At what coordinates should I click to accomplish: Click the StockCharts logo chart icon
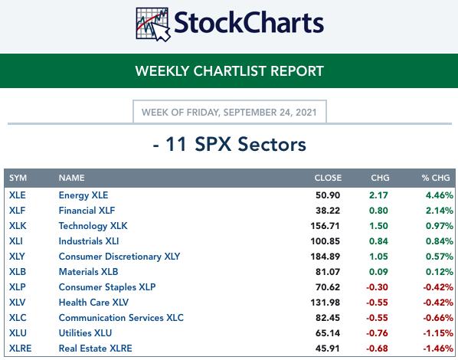click(152, 25)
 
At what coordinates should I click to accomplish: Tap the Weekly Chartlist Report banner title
click(229, 71)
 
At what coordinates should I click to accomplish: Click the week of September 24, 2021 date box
click(230, 112)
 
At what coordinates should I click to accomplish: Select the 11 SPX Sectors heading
click(229, 144)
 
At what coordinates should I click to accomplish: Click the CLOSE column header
click(328, 178)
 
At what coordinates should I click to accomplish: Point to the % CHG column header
click(436, 178)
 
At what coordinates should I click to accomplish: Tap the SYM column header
click(18, 178)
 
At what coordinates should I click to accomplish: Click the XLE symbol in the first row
click(18, 195)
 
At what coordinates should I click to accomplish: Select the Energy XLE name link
click(83, 195)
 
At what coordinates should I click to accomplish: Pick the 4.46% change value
click(440, 195)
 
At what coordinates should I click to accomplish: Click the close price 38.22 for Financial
click(328, 211)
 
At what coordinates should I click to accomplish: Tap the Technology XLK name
click(93, 226)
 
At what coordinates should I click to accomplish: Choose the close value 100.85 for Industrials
click(325, 241)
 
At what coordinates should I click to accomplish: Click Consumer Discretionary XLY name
click(119, 257)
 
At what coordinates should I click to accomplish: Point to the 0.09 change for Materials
click(378, 272)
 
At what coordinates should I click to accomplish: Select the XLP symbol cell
click(18, 287)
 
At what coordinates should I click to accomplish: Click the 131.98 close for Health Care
click(325, 302)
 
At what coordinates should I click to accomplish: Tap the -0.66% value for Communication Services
click(438, 318)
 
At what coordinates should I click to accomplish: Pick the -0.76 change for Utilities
click(377, 333)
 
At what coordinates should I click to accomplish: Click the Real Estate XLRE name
click(95, 349)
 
